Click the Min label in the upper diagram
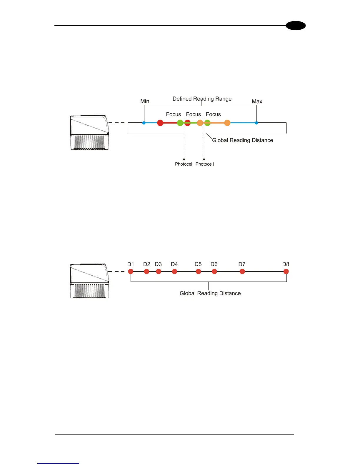pyautogui.click(x=145, y=101)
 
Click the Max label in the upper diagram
pyautogui.click(x=257, y=101)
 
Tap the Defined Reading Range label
pyautogui.click(x=202, y=99)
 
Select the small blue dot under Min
pyautogui.click(x=144, y=123)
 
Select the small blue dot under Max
pyautogui.click(x=256, y=123)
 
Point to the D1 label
pyautogui.click(x=131, y=264)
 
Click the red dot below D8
pyautogui.click(x=286, y=272)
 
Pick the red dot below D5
pyautogui.click(x=198, y=272)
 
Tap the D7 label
pyautogui.click(x=242, y=264)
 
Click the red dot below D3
pyautogui.click(x=159, y=272)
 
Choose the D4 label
pyautogui.click(x=174, y=264)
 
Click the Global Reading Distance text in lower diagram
pyautogui.click(x=210, y=293)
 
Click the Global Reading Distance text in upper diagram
pyautogui.click(x=242, y=140)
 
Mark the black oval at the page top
pyautogui.click(x=296, y=26)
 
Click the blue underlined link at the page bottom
pyautogui.click(x=58, y=463)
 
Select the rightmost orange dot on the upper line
pyautogui.click(x=227, y=123)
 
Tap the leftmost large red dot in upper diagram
pyautogui.click(x=160, y=123)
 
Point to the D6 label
pyautogui.click(x=214, y=264)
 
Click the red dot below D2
pyautogui.click(x=147, y=272)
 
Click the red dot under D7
pyautogui.click(x=242, y=272)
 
